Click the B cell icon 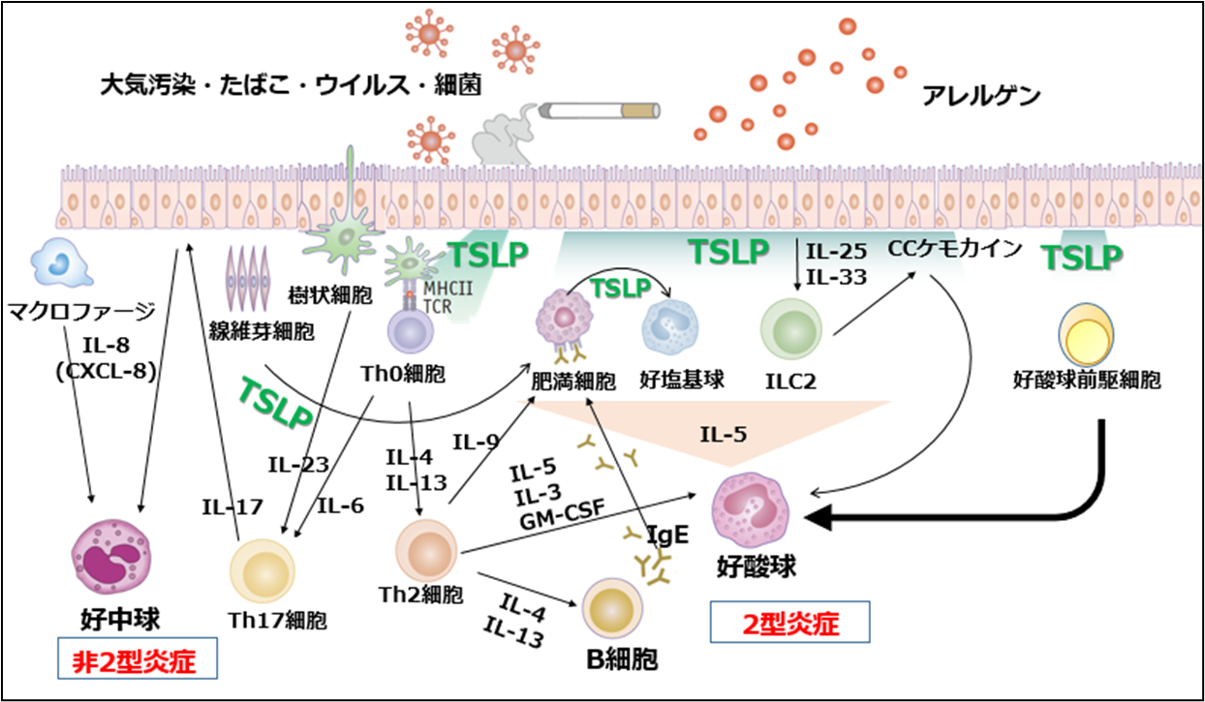[x=614, y=611]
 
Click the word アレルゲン [x=981, y=96]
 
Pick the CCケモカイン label [x=955, y=249]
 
